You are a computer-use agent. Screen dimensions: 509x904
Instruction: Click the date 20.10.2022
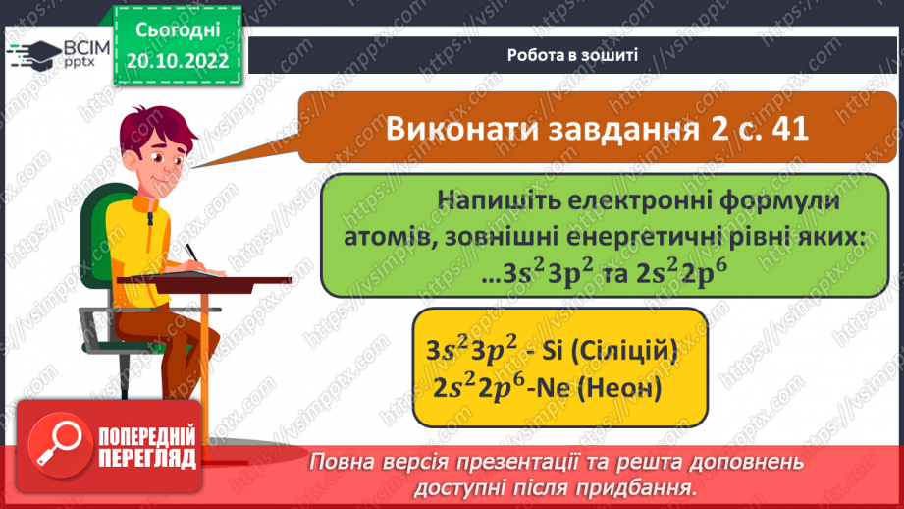[177, 60]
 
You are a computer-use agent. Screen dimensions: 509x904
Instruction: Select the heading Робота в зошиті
[573, 55]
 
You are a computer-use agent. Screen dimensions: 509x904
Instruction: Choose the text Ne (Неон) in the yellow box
[598, 388]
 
